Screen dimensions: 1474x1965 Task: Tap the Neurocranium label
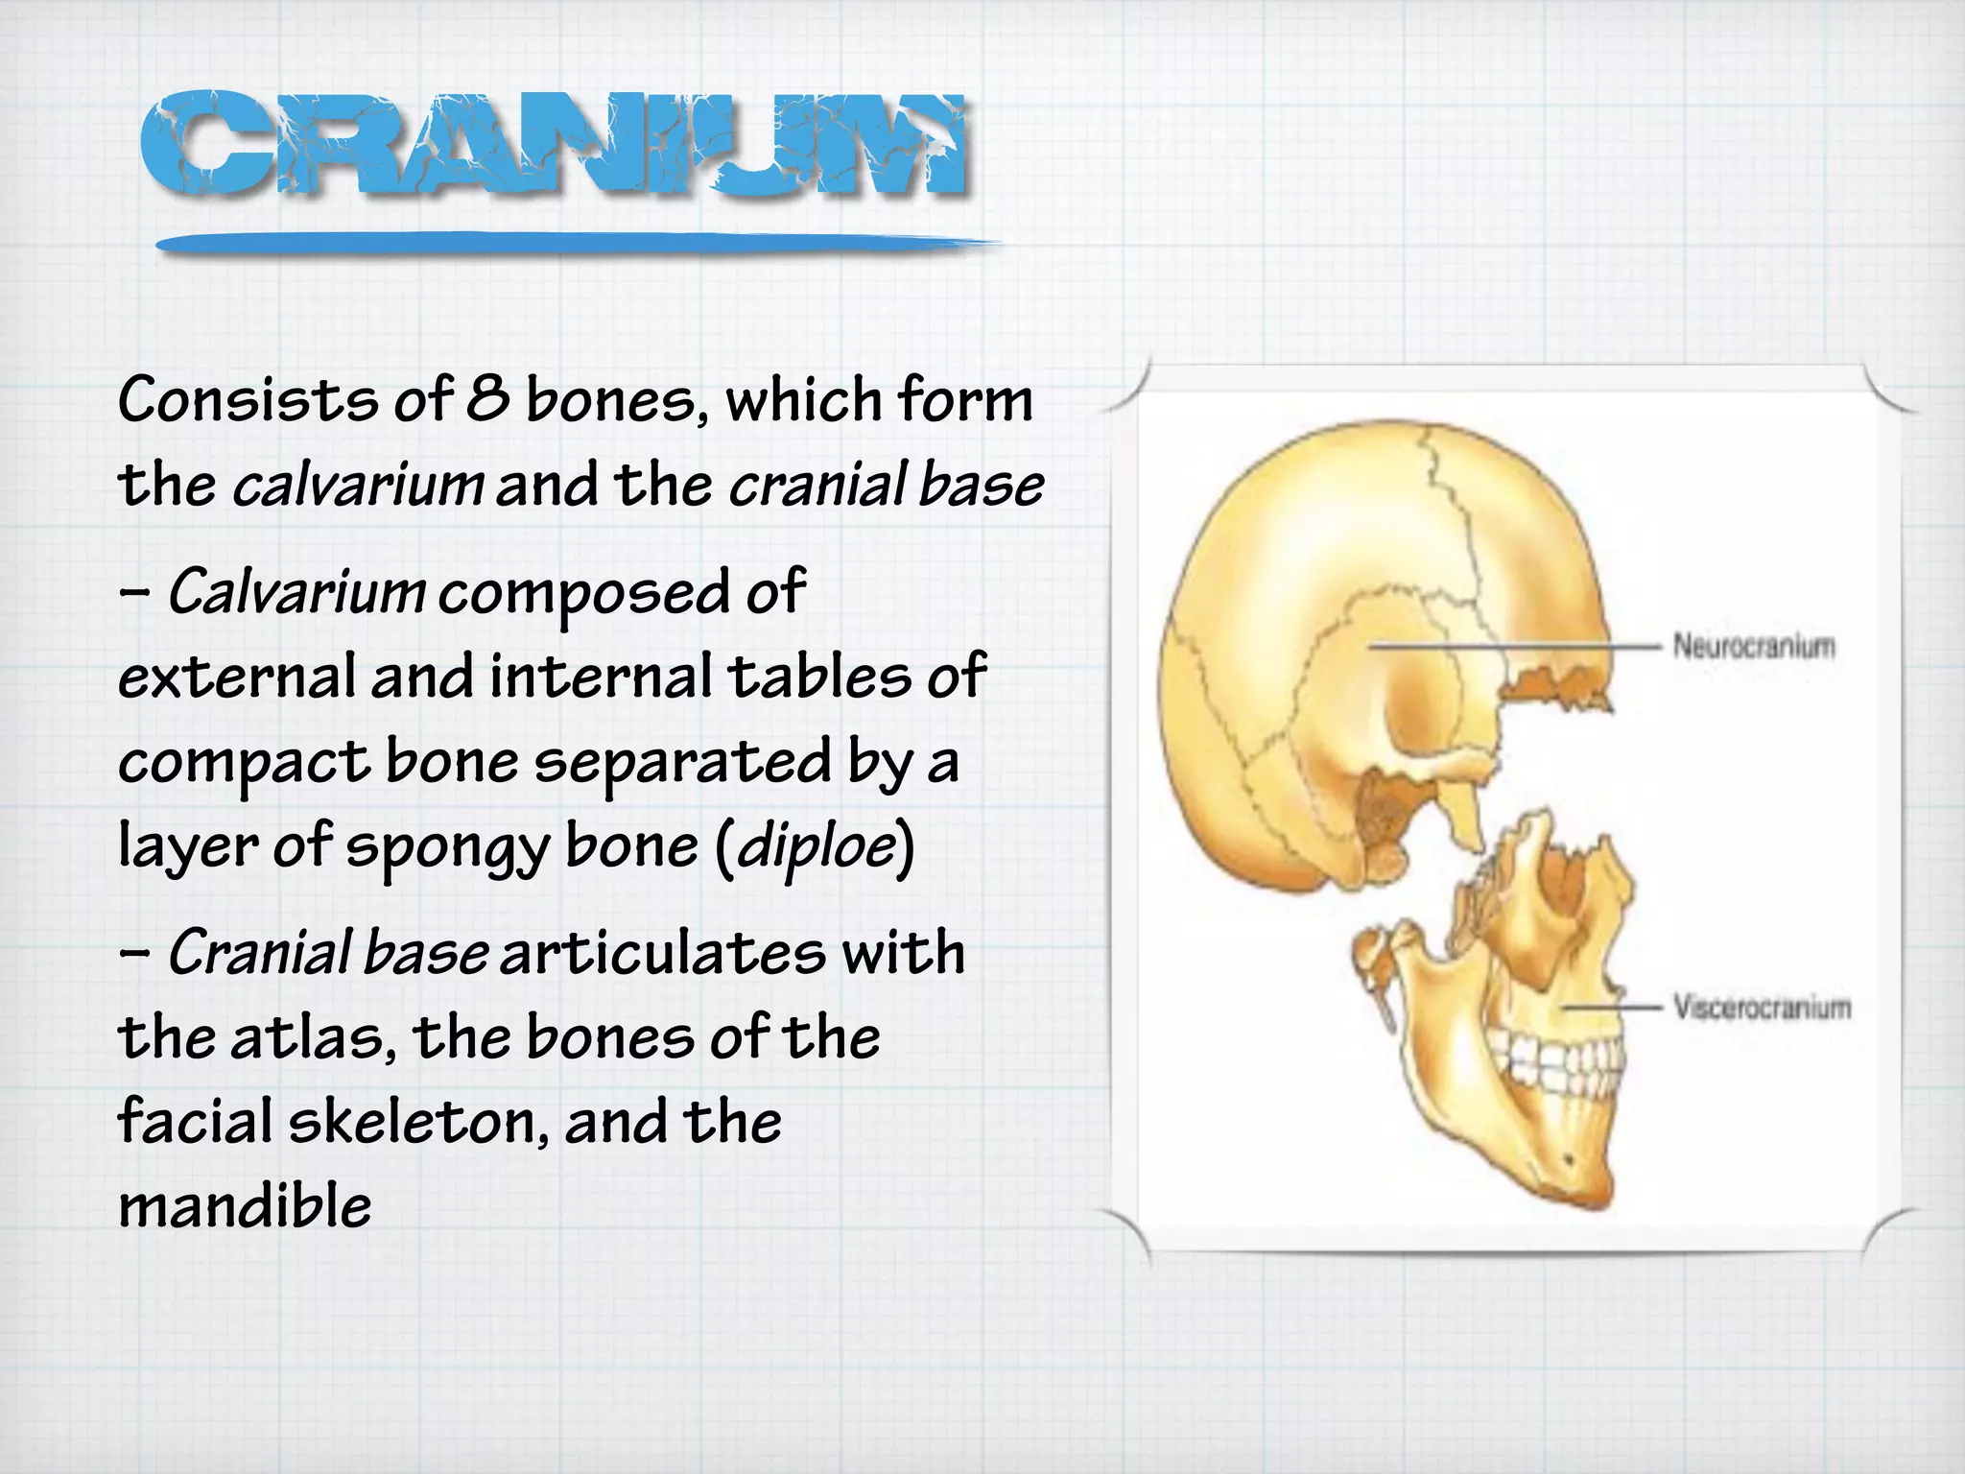[x=1753, y=646]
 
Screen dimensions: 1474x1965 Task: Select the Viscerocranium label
[x=1762, y=1008]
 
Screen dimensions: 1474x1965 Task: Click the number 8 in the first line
[x=488, y=399]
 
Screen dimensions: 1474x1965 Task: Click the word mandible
[x=245, y=1206]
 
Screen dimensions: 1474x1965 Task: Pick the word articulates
[x=662, y=953]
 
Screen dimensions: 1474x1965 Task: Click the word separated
[x=682, y=762]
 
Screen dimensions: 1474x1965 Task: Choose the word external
[x=236, y=676]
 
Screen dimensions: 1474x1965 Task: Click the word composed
[x=582, y=593]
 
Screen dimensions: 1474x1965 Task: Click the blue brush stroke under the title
[x=576, y=245]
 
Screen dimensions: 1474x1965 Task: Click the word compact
[x=244, y=762]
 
